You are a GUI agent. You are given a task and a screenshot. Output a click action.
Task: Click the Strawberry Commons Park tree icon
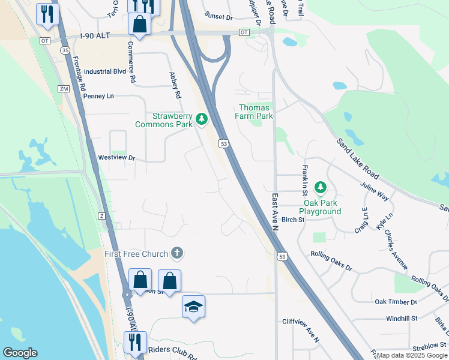point(202,120)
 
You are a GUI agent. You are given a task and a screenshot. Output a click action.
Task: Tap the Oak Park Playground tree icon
point(320,188)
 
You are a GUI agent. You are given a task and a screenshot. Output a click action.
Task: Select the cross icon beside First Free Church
point(176,254)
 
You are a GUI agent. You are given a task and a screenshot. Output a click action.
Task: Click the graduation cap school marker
point(193,307)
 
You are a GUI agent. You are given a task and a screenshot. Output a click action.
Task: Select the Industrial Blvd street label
point(105,71)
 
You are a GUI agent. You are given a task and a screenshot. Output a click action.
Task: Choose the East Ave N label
point(275,211)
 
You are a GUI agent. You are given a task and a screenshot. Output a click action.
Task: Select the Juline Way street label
point(375,189)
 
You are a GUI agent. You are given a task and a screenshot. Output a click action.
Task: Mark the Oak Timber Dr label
point(396,302)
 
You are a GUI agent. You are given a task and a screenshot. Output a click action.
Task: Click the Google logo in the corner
point(20,353)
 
